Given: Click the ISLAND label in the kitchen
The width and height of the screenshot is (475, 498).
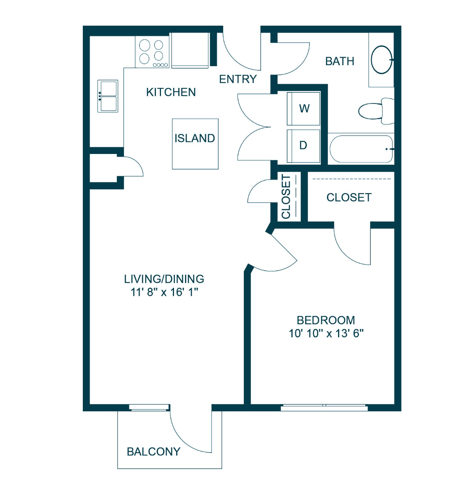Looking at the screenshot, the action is pos(195,138).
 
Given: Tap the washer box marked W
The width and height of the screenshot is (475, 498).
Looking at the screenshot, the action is pos(303,109).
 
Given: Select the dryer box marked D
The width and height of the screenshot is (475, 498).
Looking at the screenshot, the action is pos(303,146).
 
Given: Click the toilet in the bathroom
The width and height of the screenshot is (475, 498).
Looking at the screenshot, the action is pos(376,111).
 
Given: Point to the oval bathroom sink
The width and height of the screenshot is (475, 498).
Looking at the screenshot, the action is pos(382,60).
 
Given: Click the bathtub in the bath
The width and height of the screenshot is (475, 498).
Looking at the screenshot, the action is pos(362,149).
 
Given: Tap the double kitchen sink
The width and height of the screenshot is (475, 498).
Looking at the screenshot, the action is pos(108,96).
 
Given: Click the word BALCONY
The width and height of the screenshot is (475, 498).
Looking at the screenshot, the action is pos(154,452).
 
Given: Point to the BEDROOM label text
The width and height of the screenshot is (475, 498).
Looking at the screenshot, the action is pos(326,320).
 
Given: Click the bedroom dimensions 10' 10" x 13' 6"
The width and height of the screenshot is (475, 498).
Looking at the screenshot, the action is pos(326,334).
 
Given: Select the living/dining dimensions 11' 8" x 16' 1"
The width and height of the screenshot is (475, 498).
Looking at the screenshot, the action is pos(164,292).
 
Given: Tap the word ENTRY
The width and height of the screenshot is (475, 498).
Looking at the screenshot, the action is pos(238,79).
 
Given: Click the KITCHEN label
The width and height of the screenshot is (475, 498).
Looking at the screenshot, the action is pos(171,93).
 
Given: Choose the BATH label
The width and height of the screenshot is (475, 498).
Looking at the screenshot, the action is pos(340,61).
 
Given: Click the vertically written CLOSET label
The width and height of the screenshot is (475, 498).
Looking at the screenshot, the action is pos(286,196).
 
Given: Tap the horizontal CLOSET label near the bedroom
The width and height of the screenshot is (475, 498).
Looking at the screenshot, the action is pos(349,198).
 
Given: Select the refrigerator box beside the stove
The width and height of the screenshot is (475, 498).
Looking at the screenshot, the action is pos(190,50).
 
